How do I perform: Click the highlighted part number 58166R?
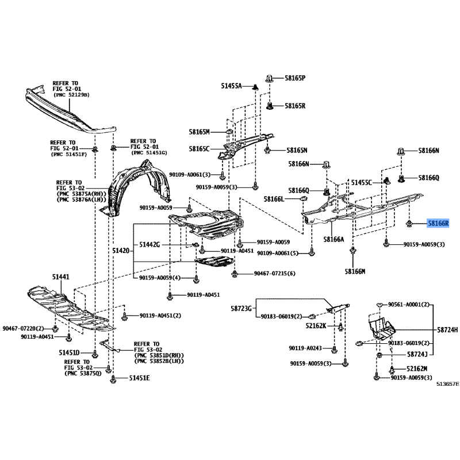pyautogui.click(x=438, y=224)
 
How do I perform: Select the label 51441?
pyautogui.click(x=61, y=277)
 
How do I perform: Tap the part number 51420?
pyautogui.click(x=121, y=251)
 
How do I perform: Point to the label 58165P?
pyautogui.click(x=295, y=78)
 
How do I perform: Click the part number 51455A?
pyautogui.click(x=231, y=86)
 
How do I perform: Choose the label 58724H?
pyautogui.click(x=447, y=330)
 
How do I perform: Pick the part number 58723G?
pyautogui.click(x=241, y=308)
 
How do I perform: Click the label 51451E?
pyautogui.click(x=139, y=378)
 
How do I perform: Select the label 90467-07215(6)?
pyautogui.click(x=275, y=274)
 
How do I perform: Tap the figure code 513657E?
pyautogui.click(x=447, y=384)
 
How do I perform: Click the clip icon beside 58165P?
pyautogui.click(x=270, y=79)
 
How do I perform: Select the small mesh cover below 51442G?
pyautogui.click(x=214, y=262)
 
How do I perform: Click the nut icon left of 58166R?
pyautogui.click(x=409, y=224)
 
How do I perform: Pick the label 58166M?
pyautogui.click(x=355, y=271)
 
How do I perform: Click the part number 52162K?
pyautogui.click(x=316, y=325)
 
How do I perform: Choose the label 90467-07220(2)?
pyautogui.click(x=23, y=328)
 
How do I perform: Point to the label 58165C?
pyautogui.click(x=199, y=149)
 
